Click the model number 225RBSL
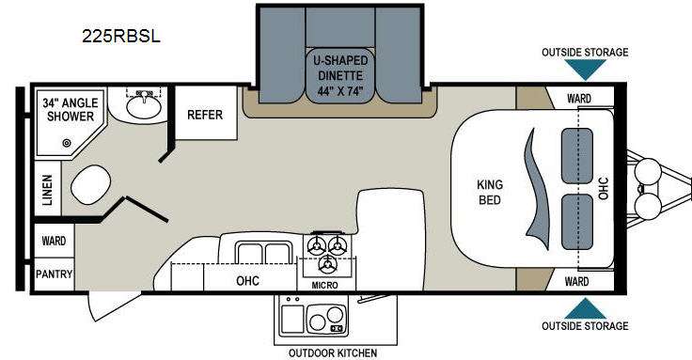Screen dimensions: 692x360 coord(121,36)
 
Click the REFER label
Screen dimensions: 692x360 coord(205,115)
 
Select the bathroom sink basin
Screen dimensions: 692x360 coord(144,106)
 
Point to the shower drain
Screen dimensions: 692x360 coord(67,143)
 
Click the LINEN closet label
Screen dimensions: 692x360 coord(47,190)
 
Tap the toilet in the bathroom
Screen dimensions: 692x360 coord(90,185)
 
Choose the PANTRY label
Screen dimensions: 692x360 coord(55,274)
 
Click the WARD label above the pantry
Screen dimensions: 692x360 coord(54,241)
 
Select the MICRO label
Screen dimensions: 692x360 coord(324,286)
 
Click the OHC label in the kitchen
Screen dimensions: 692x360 coord(247,281)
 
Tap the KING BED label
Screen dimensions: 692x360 coord(490,192)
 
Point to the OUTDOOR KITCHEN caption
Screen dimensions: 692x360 coord(333,352)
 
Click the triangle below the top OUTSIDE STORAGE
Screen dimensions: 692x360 coord(585,70)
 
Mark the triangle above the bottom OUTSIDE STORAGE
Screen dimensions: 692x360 coord(585,308)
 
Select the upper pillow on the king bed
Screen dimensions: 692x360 coord(576,156)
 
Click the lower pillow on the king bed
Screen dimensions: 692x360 coord(576,222)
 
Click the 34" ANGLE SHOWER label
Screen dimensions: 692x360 coord(71,109)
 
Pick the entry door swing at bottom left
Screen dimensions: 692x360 coord(113,305)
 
